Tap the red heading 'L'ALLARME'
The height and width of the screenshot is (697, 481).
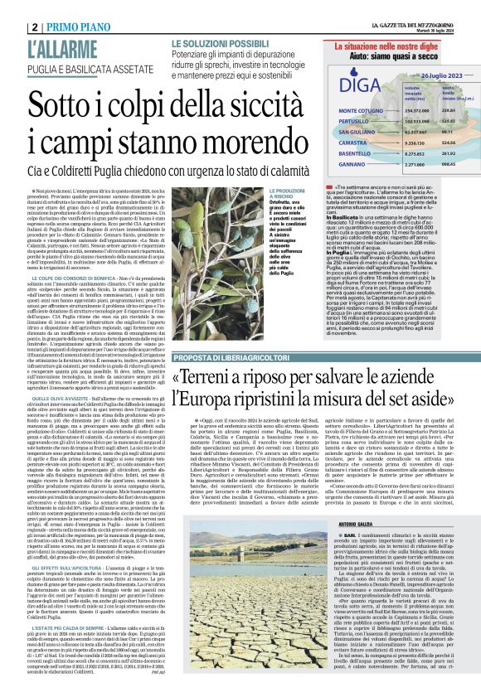[64, 49]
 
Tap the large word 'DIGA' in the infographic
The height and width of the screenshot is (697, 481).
[354, 84]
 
